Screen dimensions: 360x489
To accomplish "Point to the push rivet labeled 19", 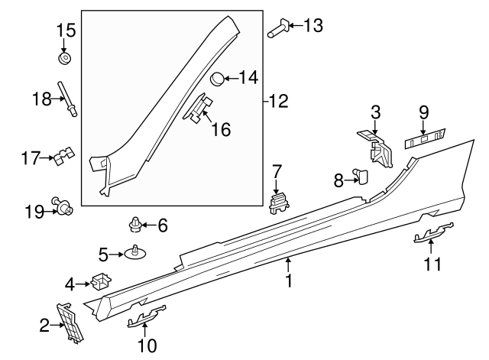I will tap(61, 206).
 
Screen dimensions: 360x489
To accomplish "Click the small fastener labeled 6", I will tap(135, 224).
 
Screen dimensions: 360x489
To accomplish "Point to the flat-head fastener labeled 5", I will tap(135, 252).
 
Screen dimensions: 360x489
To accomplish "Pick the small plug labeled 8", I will tap(361, 177).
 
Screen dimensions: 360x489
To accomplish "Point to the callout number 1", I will tap(289, 281).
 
